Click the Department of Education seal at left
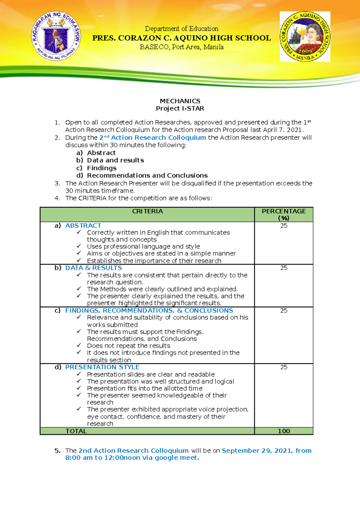(56, 36)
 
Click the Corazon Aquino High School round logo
(305, 37)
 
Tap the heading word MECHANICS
(180, 101)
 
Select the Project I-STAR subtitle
(180, 109)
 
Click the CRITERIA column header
(147, 211)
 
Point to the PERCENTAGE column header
(283, 212)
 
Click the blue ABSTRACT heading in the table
(83, 225)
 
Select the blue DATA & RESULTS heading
(94, 268)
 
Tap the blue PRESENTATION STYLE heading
(102, 367)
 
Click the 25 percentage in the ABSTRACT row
(283, 226)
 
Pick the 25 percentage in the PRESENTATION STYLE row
(283, 367)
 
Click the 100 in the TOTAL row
(283, 431)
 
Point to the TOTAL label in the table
(76, 431)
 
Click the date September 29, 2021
(257, 451)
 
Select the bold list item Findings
(102, 168)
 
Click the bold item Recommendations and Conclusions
(147, 175)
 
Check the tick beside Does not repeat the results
(79, 345)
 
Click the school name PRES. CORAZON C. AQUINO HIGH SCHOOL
(181, 38)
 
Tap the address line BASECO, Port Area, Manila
(181, 47)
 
